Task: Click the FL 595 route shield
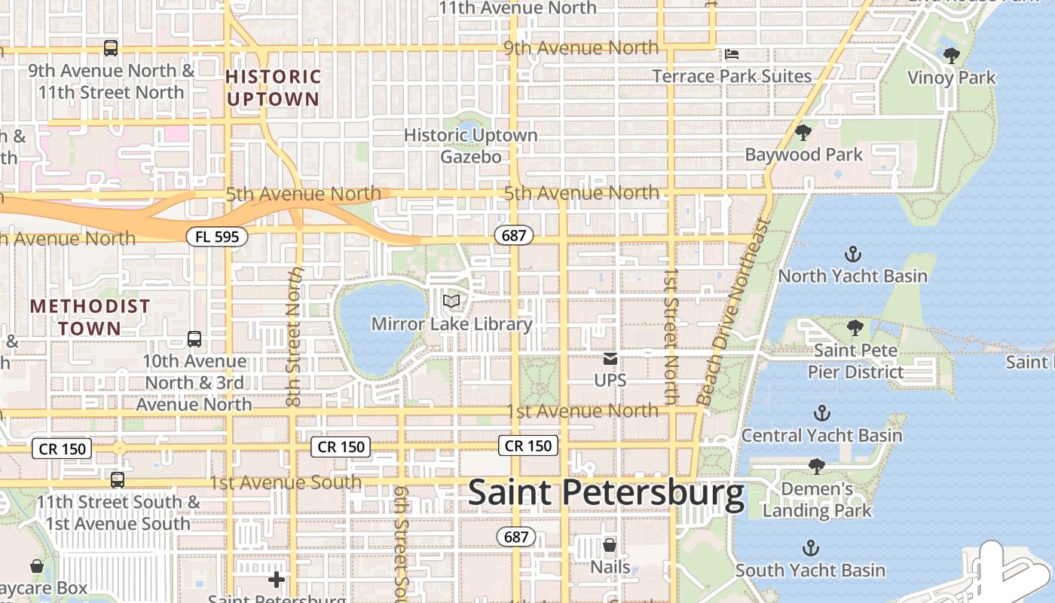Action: tap(217, 237)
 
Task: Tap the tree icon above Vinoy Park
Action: tap(951, 55)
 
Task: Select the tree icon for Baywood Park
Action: tap(803, 133)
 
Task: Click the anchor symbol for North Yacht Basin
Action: tap(853, 254)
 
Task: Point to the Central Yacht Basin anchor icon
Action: tap(822, 413)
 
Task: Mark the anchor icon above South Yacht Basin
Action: tap(811, 548)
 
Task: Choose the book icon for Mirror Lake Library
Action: tap(451, 301)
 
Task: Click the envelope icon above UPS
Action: tap(610, 358)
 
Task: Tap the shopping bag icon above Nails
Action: tap(610, 544)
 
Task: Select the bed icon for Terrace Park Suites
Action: tap(732, 54)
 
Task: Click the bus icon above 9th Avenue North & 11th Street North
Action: tap(111, 48)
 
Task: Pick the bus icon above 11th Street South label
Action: tap(117, 479)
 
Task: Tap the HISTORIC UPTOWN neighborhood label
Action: tap(273, 87)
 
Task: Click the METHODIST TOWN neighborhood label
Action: tap(90, 317)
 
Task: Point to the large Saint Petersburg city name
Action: tap(607, 494)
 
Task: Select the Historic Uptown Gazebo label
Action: tap(471, 145)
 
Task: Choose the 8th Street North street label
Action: tap(295, 335)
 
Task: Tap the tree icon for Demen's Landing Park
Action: tap(816, 467)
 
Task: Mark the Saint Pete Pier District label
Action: tap(855, 361)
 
